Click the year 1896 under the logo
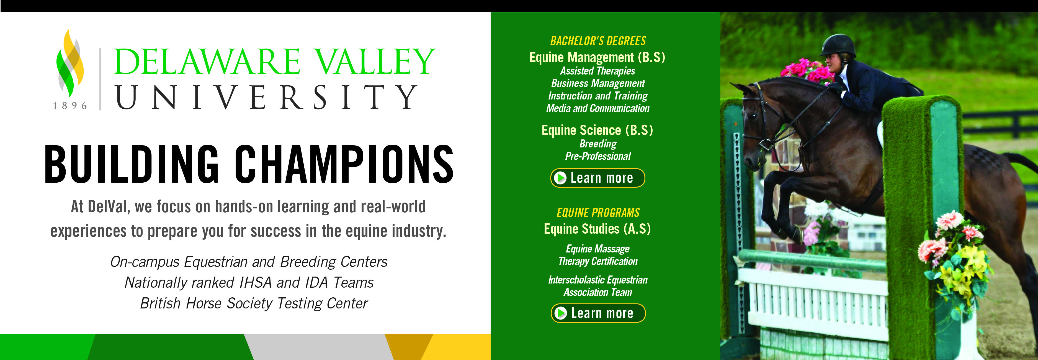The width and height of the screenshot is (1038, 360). tap(70, 106)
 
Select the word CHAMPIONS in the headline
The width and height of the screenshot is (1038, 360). tap(344, 164)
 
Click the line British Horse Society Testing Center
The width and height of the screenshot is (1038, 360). tap(254, 303)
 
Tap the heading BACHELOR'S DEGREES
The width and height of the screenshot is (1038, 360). tap(598, 41)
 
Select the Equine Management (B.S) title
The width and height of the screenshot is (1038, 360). tap(597, 58)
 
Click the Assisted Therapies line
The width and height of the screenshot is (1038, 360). tap(597, 71)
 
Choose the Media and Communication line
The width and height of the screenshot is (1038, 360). tap(597, 108)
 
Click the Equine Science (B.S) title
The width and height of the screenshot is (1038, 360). tap(597, 130)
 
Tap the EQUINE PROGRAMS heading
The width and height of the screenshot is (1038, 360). tap(598, 213)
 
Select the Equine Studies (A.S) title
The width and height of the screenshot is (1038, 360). tap(597, 229)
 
